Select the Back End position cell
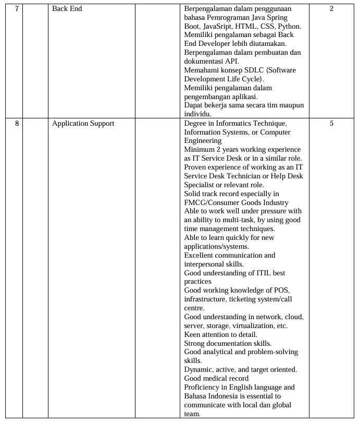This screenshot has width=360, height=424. [x=67, y=9]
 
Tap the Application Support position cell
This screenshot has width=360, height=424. [x=83, y=124]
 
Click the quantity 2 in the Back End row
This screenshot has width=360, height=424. [x=331, y=9]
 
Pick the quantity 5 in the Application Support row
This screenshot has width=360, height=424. [x=331, y=124]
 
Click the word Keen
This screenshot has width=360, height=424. [x=193, y=335]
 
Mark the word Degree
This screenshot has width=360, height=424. [x=196, y=124]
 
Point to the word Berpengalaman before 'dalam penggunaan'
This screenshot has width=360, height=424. [x=210, y=9]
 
